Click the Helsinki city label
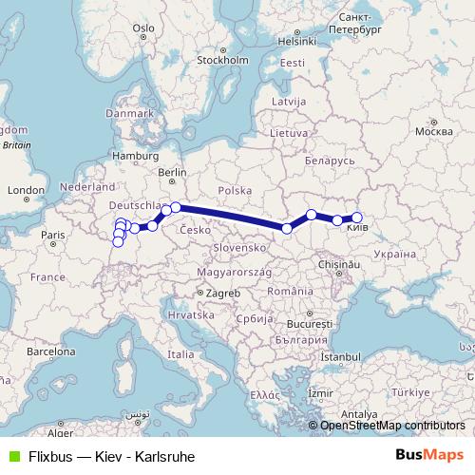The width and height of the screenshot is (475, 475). coord(295,41)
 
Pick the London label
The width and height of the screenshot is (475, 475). coord(21,190)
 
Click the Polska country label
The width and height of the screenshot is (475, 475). coord(234,190)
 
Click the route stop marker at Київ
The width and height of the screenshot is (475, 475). coord(357,218)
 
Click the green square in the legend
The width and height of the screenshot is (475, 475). coord(12,456)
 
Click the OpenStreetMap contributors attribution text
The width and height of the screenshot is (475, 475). coord(392,425)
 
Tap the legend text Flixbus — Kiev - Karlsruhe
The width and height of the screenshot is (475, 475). coord(111,456)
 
